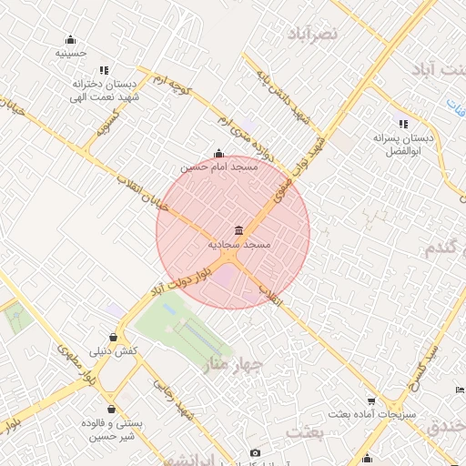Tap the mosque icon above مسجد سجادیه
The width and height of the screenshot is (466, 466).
[x=238, y=230]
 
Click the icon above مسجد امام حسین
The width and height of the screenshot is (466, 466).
[x=218, y=154]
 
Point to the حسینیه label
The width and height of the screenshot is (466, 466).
[x=70, y=53]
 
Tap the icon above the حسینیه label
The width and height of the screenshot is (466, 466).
[x=70, y=39]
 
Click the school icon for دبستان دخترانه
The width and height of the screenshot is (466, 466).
[x=104, y=70]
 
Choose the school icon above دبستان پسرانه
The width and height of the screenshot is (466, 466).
[x=402, y=124]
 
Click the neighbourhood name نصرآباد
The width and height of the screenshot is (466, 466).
[x=311, y=34]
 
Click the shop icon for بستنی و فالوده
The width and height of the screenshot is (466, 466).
[x=111, y=410]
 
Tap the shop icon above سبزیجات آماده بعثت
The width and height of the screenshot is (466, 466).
[x=371, y=400]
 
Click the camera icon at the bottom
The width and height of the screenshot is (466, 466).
[x=255, y=452]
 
